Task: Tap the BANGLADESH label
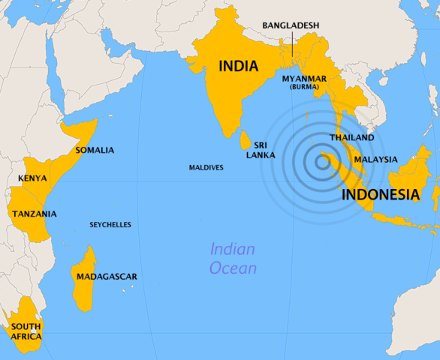[291, 25]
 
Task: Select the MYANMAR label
[304, 78]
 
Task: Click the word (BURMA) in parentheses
[304, 87]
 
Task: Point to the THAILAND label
[351, 138]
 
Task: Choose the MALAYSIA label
[375, 159]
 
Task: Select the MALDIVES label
[206, 167]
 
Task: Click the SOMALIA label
[95, 150]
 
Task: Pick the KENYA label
[32, 178]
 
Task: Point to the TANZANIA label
[35, 214]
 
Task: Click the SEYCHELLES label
[110, 224]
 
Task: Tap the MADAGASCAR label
[107, 277]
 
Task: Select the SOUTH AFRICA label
[26, 331]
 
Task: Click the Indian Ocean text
[233, 259]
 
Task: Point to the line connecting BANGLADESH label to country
[291, 43]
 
